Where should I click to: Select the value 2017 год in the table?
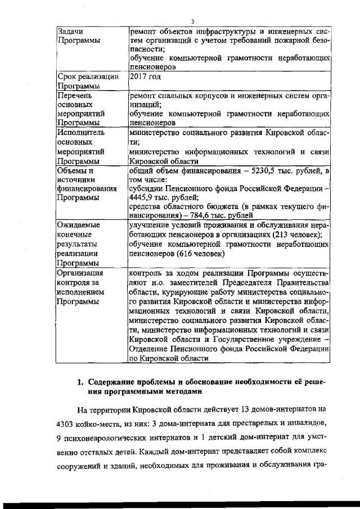(x=145, y=76)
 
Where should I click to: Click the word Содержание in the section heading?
(x=115, y=382)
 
